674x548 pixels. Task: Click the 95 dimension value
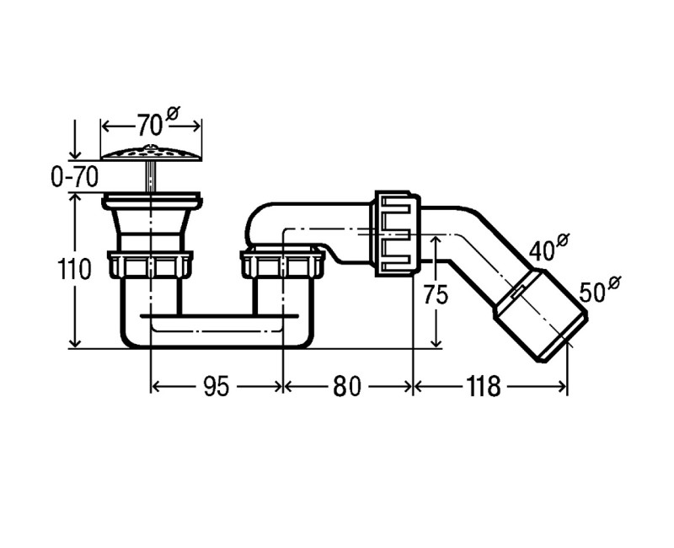217,386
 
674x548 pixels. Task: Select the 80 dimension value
347,386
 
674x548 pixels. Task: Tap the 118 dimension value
483,386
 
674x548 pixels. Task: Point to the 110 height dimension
74,270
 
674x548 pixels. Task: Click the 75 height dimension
436,294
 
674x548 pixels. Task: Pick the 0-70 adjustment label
74,176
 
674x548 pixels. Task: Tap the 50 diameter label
600,288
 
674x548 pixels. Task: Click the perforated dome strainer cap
152,153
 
